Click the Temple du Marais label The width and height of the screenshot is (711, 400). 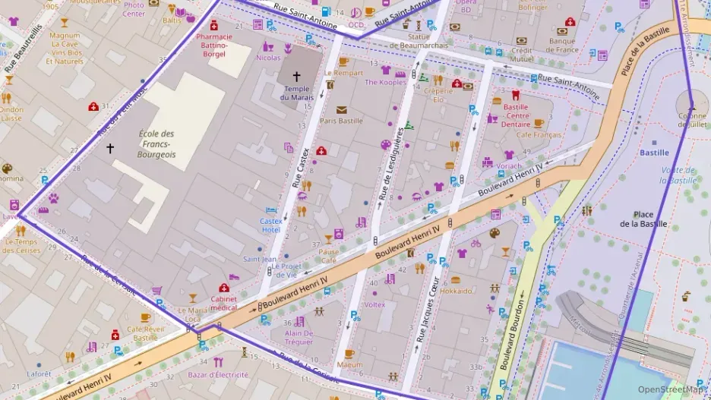pos(295,93)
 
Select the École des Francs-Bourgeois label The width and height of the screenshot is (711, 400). pos(156,144)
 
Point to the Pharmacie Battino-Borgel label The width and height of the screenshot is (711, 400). pos(214,45)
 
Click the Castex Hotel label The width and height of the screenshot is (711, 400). pos(271,225)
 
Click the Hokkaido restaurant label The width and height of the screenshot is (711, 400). pos(456,291)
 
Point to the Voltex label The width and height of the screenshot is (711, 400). pos(374,304)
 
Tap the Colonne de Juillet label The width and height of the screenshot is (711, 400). pos(692,120)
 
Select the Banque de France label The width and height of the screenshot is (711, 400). pos(563,46)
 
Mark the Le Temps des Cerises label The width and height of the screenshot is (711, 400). pos(21,246)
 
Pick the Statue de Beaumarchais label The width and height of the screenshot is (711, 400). pos(419,40)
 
